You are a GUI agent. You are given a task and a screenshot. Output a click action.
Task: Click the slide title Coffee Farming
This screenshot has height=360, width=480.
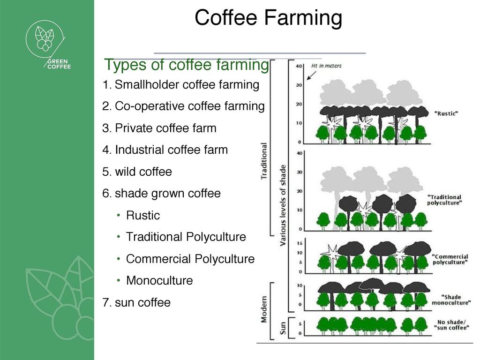[x=268, y=17]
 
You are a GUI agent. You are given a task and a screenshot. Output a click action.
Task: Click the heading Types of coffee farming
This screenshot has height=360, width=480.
[x=187, y=65]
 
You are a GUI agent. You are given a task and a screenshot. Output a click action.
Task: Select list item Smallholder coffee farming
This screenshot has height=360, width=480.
[x=181, y=84]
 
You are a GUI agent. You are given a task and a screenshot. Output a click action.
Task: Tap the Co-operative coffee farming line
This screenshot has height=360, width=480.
[x=183, y=106]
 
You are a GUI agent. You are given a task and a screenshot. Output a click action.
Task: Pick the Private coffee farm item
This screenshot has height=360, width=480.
[x=159, y=128]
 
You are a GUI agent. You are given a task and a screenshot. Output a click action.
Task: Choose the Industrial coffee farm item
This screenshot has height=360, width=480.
[x=165, y=150]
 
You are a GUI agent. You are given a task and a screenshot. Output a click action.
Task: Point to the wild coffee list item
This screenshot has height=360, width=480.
[x=137, y=172]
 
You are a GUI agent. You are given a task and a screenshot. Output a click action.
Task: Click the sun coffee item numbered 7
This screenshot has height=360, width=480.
[x=136, y=302]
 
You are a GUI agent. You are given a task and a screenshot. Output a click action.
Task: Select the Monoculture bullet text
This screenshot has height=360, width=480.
[x=159, y=280]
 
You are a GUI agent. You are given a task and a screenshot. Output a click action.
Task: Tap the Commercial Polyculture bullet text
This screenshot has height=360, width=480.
[x=190, y=259]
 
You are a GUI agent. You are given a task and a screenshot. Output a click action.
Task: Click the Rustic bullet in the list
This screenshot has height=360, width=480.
[x=143, y=215]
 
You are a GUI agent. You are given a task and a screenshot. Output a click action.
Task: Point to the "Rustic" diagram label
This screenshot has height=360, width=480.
[x=446, y=113]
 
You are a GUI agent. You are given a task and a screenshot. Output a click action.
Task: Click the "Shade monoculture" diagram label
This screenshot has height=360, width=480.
[x=451, y=300]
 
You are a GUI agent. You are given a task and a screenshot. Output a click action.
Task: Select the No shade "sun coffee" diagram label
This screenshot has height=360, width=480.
[x=451, y=325]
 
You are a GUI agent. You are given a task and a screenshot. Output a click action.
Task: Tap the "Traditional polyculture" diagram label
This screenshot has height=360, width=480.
[x=444, y=200]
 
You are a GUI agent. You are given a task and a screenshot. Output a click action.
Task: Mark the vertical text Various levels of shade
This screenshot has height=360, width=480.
[x=283, y=205]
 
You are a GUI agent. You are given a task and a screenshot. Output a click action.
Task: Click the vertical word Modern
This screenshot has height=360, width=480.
[x=264, y=309]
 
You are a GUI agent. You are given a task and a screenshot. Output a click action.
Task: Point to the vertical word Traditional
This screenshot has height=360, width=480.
[x=263, y=161]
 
